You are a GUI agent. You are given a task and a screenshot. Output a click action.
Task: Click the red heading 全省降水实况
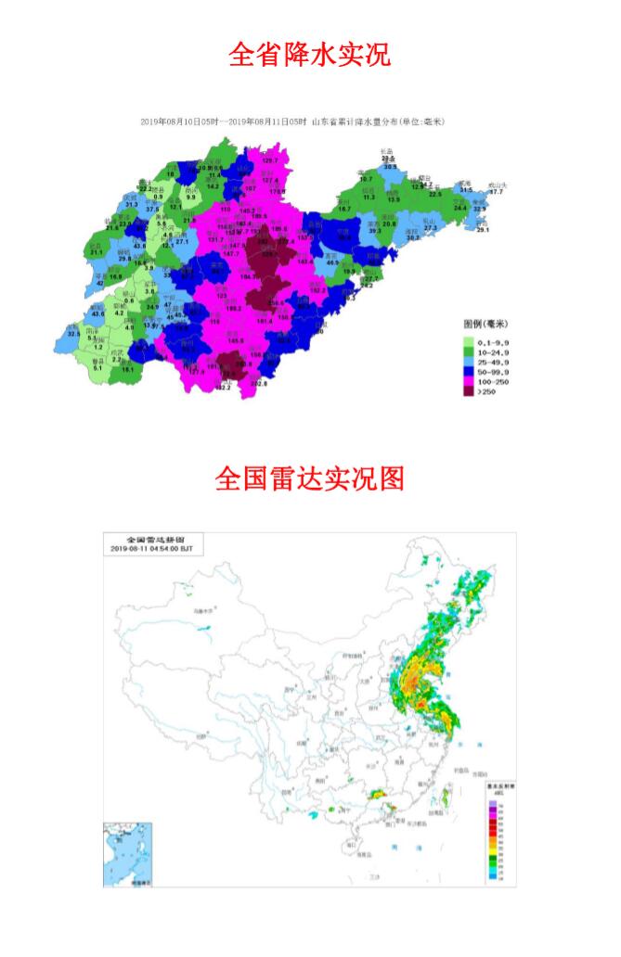coord(309,55)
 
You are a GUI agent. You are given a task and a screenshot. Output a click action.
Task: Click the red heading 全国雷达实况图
coord(309,478)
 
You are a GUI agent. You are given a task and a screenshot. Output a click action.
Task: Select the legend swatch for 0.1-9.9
coord(469,341)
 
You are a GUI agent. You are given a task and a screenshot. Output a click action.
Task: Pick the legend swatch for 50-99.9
coord(469,372)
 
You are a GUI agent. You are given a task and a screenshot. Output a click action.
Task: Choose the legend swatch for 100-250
coord(469,382)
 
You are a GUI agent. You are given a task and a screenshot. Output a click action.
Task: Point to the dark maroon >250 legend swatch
coord(469,392)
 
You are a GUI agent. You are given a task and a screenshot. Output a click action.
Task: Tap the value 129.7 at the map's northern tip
coord(270,161)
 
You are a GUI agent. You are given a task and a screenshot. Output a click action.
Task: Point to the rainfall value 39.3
coord(375,230)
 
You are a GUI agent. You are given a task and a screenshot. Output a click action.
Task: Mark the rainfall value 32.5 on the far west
coord(74,333)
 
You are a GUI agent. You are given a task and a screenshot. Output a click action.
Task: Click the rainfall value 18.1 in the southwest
coord(127,370)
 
